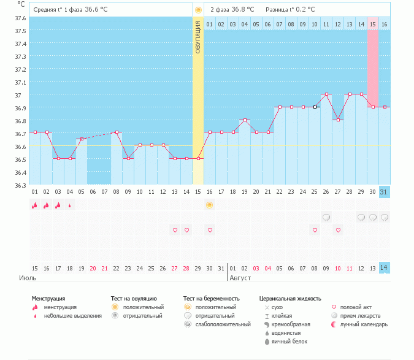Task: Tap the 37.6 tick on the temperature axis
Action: click(20, 18)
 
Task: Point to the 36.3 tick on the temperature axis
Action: click(20, 186)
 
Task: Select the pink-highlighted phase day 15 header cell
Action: click(373, 24)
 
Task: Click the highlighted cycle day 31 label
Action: click(385, 192)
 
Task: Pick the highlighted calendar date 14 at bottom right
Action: click(385, 268)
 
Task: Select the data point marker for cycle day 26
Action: click(326, 94)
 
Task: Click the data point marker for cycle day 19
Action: click(245, 120)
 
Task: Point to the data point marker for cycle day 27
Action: click(338, 120)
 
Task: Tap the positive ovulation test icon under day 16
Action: click(210, 205)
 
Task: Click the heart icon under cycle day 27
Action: click(338, 230)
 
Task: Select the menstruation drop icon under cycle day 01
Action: click(35, 205)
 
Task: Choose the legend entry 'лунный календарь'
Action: click(363, 324)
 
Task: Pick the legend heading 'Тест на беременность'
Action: click(211, 298)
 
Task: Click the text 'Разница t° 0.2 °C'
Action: click(290, 10)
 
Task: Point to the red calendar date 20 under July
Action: click(93, 268)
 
